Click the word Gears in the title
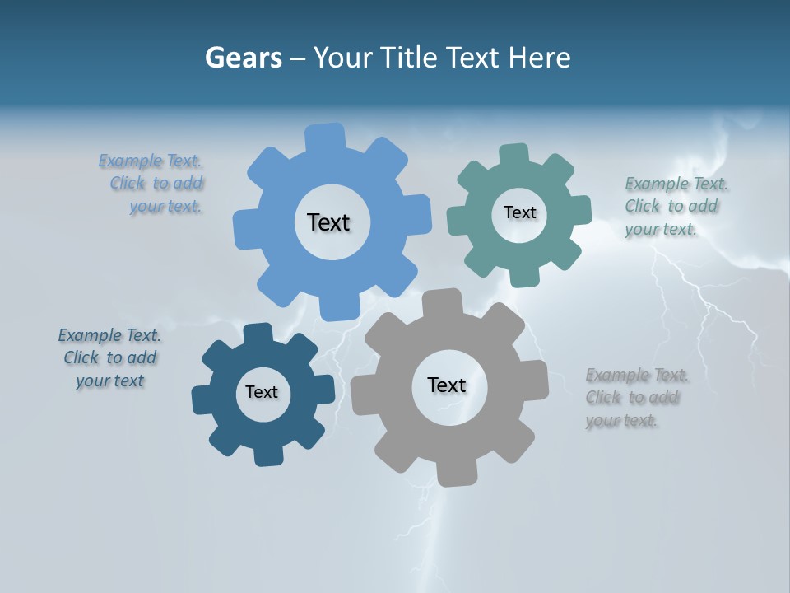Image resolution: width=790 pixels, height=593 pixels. [243, 58]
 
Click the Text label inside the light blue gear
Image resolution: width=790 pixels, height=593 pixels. [328, 222]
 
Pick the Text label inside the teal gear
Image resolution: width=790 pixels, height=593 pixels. [519, 212]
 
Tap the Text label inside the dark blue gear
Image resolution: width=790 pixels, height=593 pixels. [262, 393]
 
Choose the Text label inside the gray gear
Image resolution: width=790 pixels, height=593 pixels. [447, 385]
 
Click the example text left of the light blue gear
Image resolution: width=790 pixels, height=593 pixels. [151, 184]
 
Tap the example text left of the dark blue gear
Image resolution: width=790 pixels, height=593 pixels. [109, 357]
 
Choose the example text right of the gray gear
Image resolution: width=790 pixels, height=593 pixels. [638, 398]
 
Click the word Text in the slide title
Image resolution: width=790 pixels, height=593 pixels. [474, 58]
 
